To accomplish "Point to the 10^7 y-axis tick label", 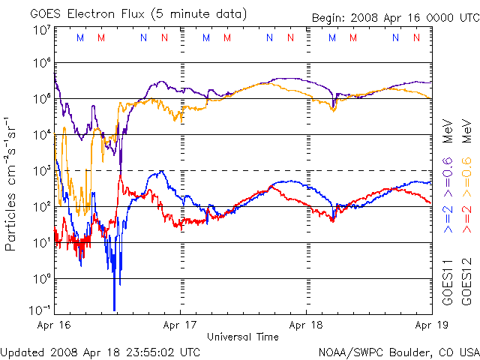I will (41, 30).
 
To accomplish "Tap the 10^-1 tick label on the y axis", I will (40, 310).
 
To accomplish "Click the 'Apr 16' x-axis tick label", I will (55, 325).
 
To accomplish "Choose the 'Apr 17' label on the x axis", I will (181, 325).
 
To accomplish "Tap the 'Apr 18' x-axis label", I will (306, 325).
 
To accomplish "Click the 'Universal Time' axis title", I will (243, 337).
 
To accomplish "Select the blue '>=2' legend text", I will (448, 217).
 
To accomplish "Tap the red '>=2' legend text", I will (466, 217).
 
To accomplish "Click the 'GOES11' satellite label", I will (448, 285).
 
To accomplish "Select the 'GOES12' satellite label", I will (466, 285).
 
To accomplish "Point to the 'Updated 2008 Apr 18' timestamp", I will (100, 351).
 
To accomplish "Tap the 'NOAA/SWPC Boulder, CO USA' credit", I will (398, 351).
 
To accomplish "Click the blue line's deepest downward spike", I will (114, 309).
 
